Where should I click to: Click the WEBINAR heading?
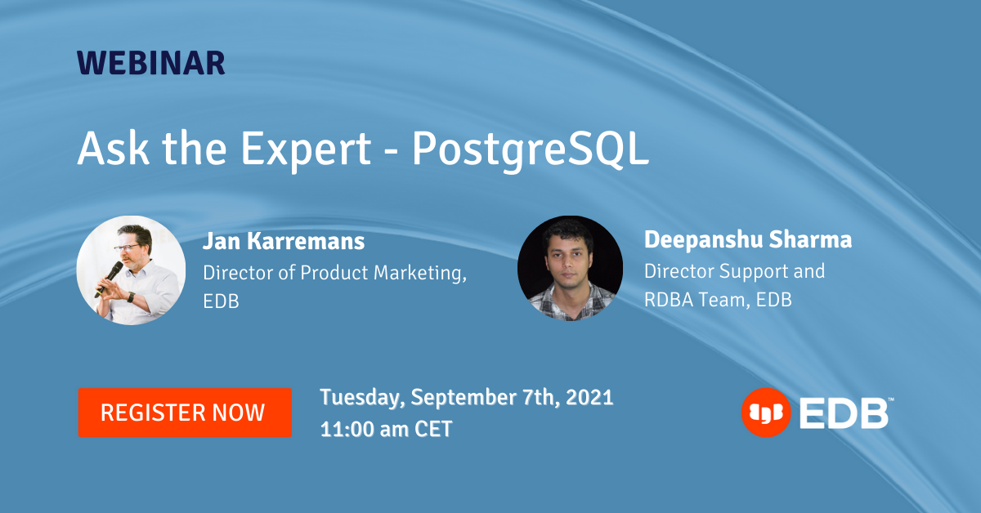point(151,63)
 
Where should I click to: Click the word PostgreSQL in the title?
point(531,149)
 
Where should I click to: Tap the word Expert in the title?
point(306,149)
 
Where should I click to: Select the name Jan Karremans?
point(284,241)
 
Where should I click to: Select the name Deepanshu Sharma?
point(748,239)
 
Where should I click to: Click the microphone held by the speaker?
point(110,279)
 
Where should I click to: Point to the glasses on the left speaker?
point(127,248)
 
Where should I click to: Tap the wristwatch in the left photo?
point(131,297)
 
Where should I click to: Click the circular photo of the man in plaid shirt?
point(571,268)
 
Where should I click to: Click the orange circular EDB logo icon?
point(766,413)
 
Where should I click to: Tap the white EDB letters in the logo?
point(844,413)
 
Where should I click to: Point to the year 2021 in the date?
point(589,397)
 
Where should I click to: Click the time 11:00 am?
point(364,429)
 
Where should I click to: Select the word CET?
point(433,429)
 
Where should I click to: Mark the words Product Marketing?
point(383,273)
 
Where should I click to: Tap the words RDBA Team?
point(697,300)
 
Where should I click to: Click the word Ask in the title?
point(113,148)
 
